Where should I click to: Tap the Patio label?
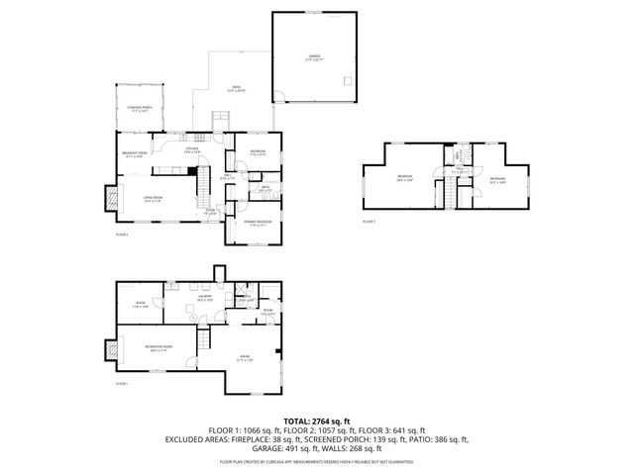click(x=238, y=88)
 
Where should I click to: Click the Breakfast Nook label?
click(x=135, y=153)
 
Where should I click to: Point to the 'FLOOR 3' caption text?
click(x=369, y=222)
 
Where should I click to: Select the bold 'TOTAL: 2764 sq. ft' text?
click(x=316, y=422)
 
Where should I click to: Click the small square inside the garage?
click(x=344, y=79)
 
